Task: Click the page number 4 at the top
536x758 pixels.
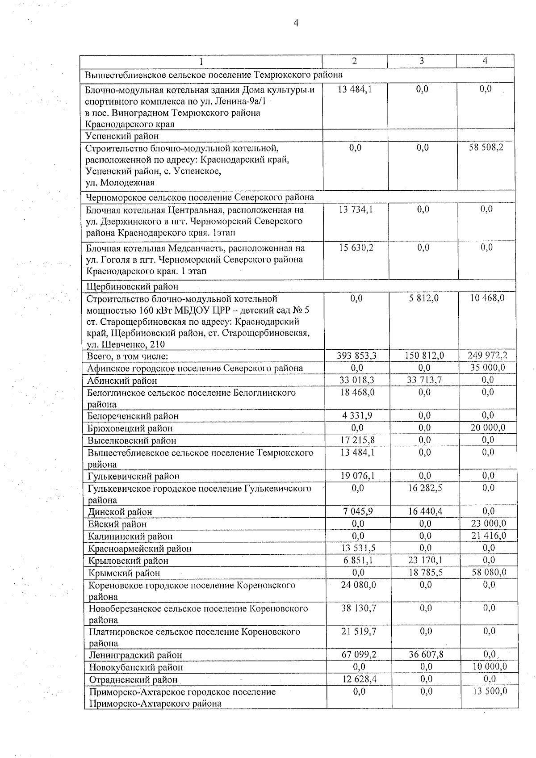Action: [x=296, y=23]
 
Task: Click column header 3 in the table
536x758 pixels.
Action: [x=422, y=61]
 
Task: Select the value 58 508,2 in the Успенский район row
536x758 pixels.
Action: [x=486, y=147]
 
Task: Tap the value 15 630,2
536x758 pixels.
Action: [x=356, y=247]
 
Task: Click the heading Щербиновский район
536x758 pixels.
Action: [x=132, y=286]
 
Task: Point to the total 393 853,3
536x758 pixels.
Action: [x=357, y=356]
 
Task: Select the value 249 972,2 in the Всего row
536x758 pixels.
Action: [x=488, y=356]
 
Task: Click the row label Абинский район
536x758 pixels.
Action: [x=122, y=381]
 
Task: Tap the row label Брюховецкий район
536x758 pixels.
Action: [x=130, y=428]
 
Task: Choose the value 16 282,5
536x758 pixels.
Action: [x=425, y=488]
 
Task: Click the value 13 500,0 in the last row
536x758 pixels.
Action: [x=489, y=691]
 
